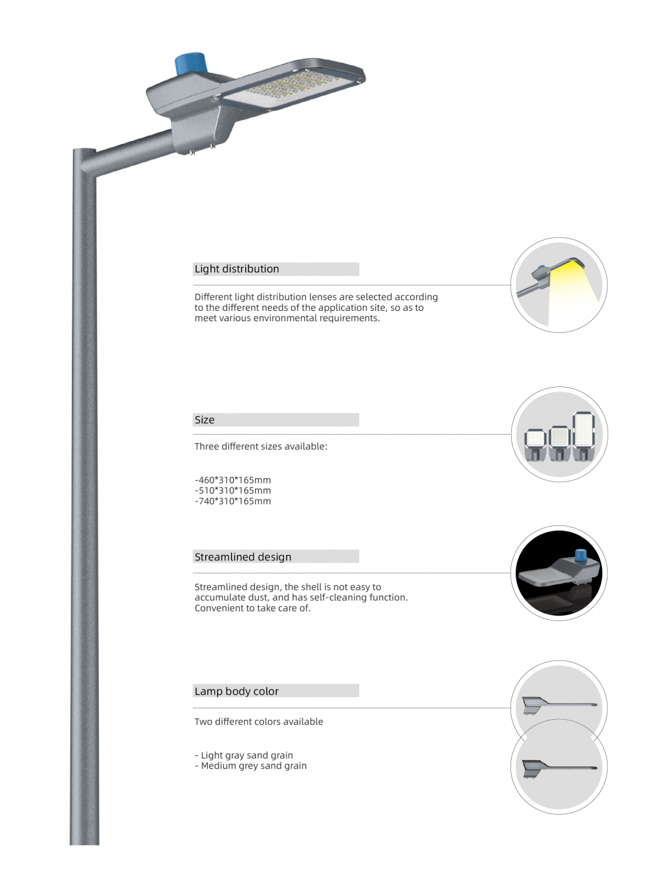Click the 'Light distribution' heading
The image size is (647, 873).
pyautogui.click(x=237, y=269)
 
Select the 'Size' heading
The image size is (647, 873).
pyautogui.click(x=204, y=420)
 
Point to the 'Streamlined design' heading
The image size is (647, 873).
pyautogui.click(x=243, y=557)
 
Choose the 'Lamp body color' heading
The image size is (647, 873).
pyautogui.click(x=236, y=691)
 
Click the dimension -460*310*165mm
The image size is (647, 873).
pyautogui.click(x=233, y=480)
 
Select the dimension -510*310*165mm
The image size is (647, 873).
pyautogui.click(x=233, y=490)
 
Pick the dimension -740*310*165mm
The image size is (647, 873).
pyautogui.click(x=233, y=501)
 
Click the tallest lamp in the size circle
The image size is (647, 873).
pyautogui.click(x=584, y=434)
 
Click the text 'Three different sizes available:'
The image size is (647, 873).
pyautogui.click(x=261, y=447)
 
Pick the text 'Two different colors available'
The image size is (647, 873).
pyautogui.click(x=259, y=722)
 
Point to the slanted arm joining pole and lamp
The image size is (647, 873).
pyautogui.click(x=133, y=145)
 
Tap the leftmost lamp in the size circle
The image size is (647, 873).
pyautogui.click(x=536, y=443)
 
